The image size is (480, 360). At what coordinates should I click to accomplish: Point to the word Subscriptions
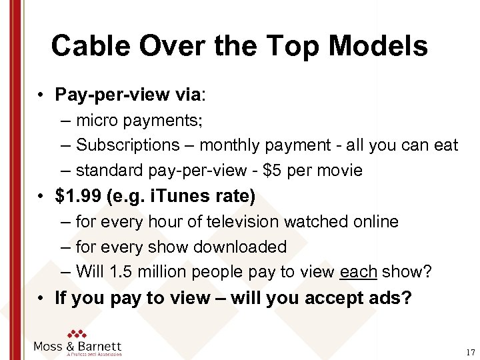click(128, 145)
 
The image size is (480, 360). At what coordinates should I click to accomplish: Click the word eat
click(445, 145)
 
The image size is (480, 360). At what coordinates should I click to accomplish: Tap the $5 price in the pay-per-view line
click(273, 171)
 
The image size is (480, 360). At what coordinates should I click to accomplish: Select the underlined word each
click(359, 272)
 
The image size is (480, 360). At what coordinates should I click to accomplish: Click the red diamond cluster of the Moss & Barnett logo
click(77, 335)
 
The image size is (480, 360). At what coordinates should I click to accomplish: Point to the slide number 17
click(471, 352)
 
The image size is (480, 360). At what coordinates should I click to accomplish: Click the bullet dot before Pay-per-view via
click(41, 95)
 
